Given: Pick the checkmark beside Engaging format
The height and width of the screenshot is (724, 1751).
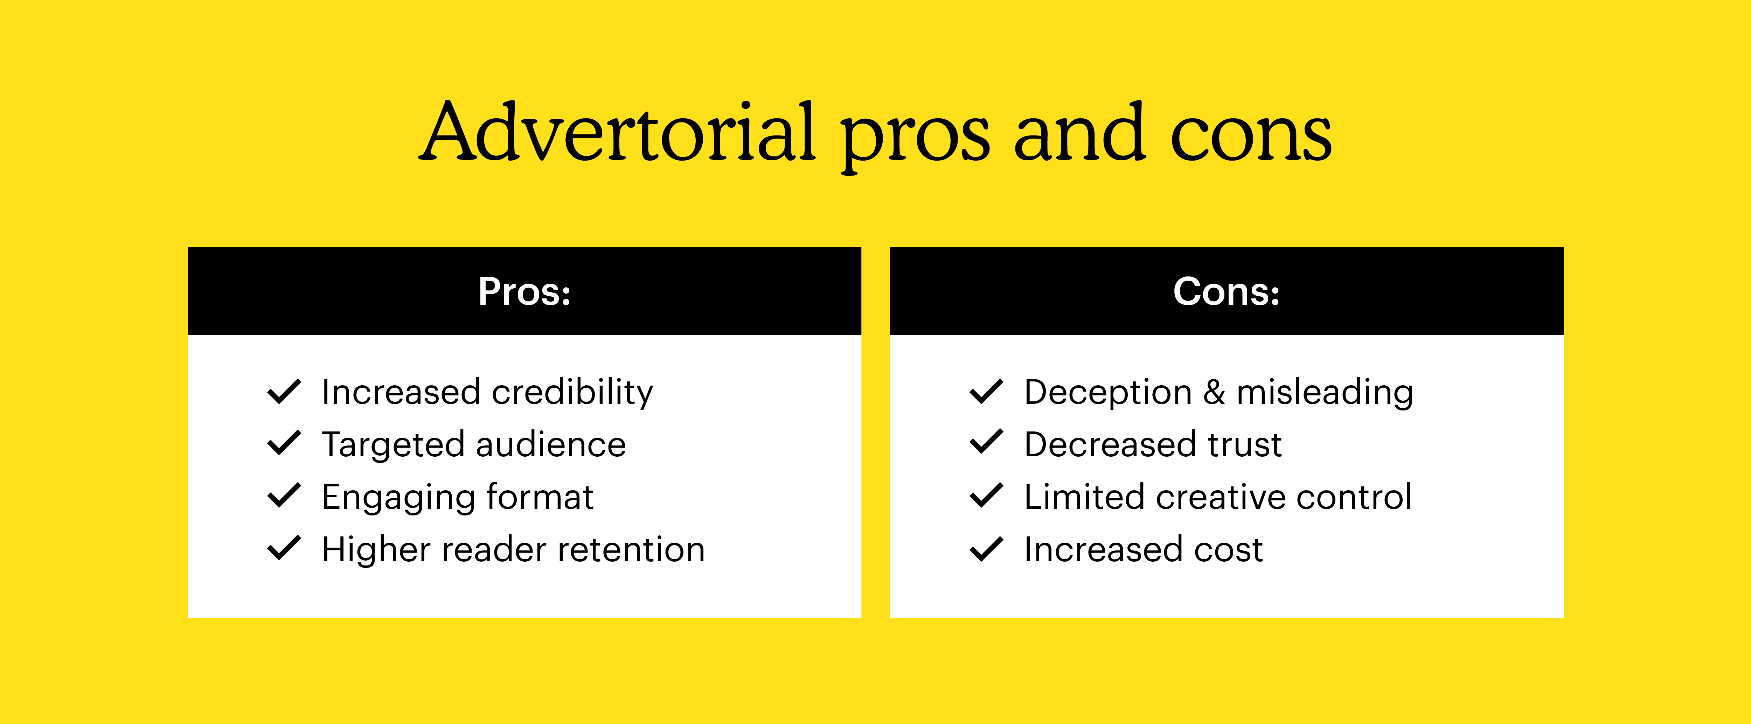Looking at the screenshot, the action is (284, 496).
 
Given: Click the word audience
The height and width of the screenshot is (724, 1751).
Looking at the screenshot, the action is (551, 445).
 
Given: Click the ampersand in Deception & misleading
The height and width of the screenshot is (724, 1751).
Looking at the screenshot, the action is (1214, 393).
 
